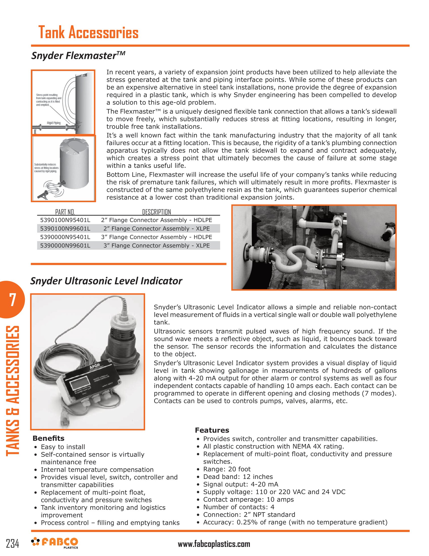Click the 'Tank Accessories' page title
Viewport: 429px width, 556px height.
(88, 33)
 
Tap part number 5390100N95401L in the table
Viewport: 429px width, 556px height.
(65, 220)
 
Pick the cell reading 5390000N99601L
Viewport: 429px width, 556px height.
(65, 245)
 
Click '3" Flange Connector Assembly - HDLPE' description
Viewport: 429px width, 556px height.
(156, 237)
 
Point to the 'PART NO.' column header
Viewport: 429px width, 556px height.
(65, 212)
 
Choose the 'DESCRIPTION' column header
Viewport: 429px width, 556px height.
(156, 212)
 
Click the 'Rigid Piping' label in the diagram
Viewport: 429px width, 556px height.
(53, 123)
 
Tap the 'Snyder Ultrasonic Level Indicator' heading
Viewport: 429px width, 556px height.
(106, 281)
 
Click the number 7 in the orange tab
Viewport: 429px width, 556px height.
(12, 300)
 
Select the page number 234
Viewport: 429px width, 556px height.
(12, 544)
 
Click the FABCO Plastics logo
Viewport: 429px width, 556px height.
(55, 542)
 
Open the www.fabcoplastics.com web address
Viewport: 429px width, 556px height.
(214, 544)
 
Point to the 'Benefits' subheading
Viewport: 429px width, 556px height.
(48, 438)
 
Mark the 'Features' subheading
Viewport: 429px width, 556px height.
(212, 430)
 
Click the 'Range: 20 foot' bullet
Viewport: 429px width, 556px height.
(227, 469)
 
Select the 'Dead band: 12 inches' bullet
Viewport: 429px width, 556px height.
(238, 477)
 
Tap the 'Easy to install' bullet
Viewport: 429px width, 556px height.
(63, 447)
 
